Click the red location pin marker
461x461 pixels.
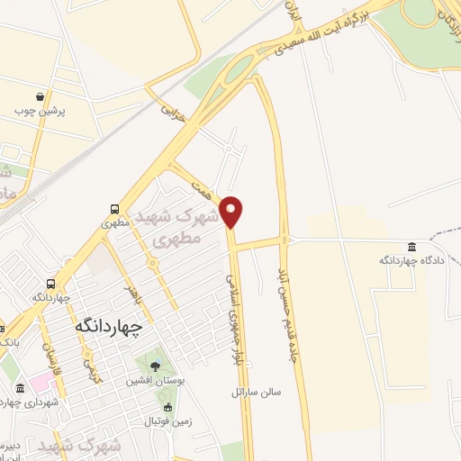coord(232,211)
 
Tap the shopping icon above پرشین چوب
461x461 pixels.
coord(41,96)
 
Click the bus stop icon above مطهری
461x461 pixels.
coord(113,206)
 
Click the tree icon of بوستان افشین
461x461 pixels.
coord(155,366)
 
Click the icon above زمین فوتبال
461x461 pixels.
coord(149,420)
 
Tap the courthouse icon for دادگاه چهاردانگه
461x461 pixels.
coord(411,247)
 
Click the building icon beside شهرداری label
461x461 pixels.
coord(20,388)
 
